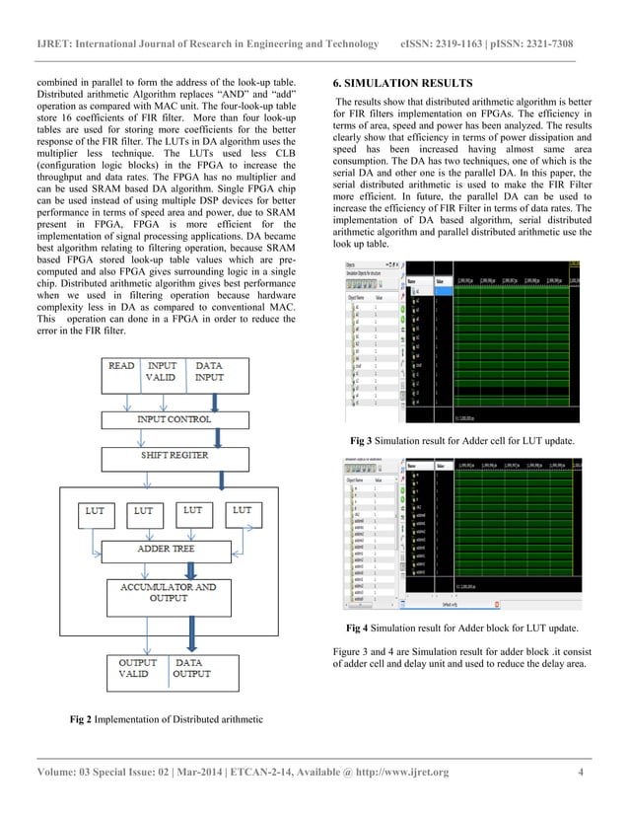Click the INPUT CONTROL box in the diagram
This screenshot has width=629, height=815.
(173, 418)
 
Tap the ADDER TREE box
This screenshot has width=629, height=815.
(170, 548)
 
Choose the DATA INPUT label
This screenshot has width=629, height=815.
(210, 371)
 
